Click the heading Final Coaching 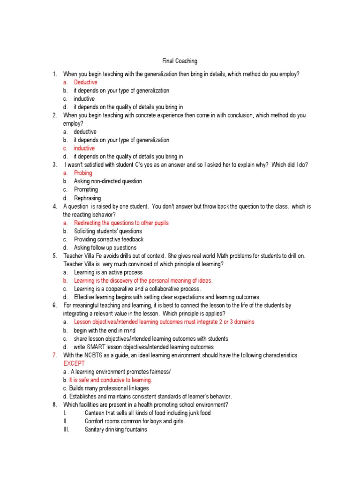pyautogui.click(x=180, y=61)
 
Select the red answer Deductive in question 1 pyautogui.click(x=85, y=82)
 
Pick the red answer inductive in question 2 pyautogui.click(x=84, y=149)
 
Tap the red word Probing pyautogui.click(x=83, y=173)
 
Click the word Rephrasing pyautogui.click(x=87, y=198)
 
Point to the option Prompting pyautogui.click(x=86, y=190)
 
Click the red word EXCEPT pyautogui.click(x=75, y=364)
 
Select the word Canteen pyautogui.click(x=95, y=413)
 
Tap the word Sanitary pyautogui.click(x=95, y=429)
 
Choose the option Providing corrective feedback pyautogui.click(x=109, y=240)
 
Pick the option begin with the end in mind pyautogui.click(x=105, y=331)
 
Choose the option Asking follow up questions pyautogui.click(x=105, y=248)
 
